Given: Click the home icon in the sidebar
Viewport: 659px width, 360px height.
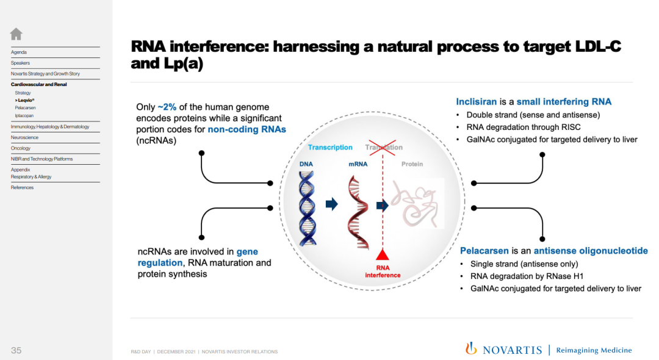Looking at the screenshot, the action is pyautogui.click(x=16, y=34).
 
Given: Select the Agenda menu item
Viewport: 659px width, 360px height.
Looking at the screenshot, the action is pyautogui.click(x=18, y=52).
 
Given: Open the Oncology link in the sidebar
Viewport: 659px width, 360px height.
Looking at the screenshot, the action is pyautogui.click(x=21, y=148).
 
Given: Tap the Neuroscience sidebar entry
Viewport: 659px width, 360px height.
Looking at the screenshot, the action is pyautogui.click(x=24, y=137).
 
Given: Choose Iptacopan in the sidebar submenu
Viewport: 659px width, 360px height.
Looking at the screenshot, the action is pyautogui.click(x=24, y=115).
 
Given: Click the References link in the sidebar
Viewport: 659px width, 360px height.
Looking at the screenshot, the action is pyautogui.click(x=22, y=187).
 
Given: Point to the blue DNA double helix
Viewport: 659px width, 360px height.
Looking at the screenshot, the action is pyautogui.click(x=307, y=208).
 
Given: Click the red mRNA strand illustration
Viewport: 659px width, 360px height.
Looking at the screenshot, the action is pyautogui.click(x=358, y=212).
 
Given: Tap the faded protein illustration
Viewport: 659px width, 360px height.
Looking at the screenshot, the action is pyautogui.click(x=417, y=204).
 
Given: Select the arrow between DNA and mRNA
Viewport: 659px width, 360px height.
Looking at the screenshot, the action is pyautogui.click(x=331, y=204).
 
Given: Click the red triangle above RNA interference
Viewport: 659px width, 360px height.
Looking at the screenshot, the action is pyautogui.click(x=382, y=254).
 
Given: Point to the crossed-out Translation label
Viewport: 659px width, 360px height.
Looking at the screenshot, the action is pyautogui.click(x=383, y=148).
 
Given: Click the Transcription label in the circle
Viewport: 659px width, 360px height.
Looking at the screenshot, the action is pyautogui.click(x=330, y=148).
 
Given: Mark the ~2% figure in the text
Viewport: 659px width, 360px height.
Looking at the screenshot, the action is pyautogui.click(x=167, y=107).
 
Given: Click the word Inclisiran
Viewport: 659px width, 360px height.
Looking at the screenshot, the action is pyautogui.click(x=476, y=102).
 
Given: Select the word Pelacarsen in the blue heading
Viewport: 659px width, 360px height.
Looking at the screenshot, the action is pyautogui.click(x=484, y=251).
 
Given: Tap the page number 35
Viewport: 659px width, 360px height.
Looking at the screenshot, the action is pyautogui.click(x=16, y=350).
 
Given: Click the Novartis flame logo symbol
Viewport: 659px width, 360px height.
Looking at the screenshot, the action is pyautogui.click(x=471, y=348).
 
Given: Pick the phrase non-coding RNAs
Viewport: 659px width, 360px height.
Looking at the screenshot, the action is pyautogui.click(x=247, y=129).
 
